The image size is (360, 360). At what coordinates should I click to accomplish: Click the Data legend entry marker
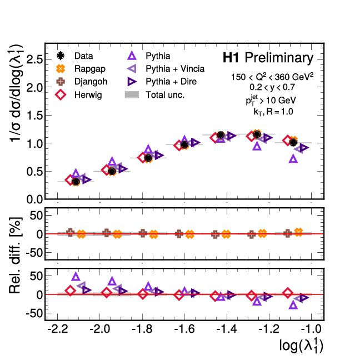[62, 56]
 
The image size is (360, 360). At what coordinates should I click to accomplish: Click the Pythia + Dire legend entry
[171, 82]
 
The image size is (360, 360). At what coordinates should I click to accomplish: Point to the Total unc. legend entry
[164, 94]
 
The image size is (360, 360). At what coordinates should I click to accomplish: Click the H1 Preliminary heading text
[268, 58]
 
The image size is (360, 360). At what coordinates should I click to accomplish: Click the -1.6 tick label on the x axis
[184, 330]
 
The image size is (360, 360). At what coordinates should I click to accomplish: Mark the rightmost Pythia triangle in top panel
[293, 158]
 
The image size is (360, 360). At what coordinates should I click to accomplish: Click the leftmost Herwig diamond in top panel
[69, 180]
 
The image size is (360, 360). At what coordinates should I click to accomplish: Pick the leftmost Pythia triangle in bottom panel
[76, 277]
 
